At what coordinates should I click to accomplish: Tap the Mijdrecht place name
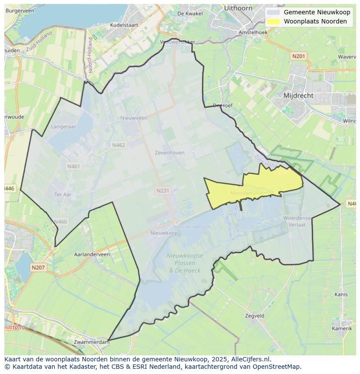click(x=298, y=95)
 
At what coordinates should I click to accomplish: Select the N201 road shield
click(x=299, y=56)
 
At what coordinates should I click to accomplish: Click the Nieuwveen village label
click(x=134, y=118)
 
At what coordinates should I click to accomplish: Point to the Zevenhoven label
click(x=170, y=152)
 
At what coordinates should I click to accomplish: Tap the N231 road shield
click(x=163, y=190)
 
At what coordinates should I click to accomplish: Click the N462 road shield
click(x=118, y=145)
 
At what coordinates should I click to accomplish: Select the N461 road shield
click(x=73, y=166)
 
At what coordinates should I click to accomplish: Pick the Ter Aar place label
click(x=63, y=194)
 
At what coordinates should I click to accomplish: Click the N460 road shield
click(x=60, y=222)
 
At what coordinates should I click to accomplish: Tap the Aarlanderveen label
click(x=92, y=254)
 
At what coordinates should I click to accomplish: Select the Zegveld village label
click(x=254, y=316)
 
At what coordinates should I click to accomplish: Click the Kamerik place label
click(x=342, y=328)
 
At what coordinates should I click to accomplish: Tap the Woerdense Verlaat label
click(x=297, y=221)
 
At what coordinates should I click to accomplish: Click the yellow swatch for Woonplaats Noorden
click(x=273, y=21)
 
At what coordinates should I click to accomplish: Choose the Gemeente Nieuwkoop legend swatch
click(x=273, y=12)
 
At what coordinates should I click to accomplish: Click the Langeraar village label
click(x=63, y=126)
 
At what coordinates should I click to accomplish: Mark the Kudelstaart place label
click(x=124, y=25)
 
